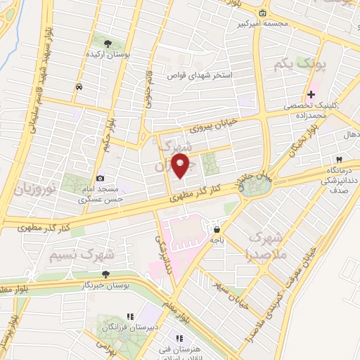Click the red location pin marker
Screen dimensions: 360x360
(x=181, y=165)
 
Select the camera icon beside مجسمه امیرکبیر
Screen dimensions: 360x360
(x=262, y=13)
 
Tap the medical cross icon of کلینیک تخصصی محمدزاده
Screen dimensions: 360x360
(x=311, y=94)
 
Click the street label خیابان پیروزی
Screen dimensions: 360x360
(x=214, y=124)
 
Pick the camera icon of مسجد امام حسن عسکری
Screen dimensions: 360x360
(x=100, y=179)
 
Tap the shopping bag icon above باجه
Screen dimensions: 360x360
(x=217, y=229)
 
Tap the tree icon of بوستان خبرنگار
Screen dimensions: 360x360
(x=105, y=274)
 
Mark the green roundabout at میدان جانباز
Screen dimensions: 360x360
(x=256, y=185)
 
